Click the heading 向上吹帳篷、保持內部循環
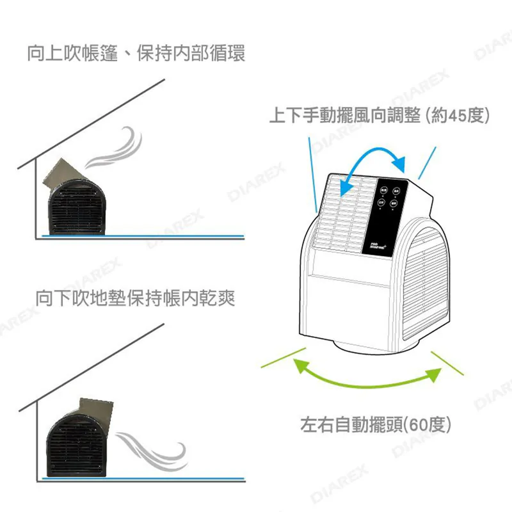(x=136, y=53)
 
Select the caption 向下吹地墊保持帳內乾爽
(x=136, y=298)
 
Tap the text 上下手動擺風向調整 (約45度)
(x=380, y=116)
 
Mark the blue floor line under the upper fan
(x=141, y=236)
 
